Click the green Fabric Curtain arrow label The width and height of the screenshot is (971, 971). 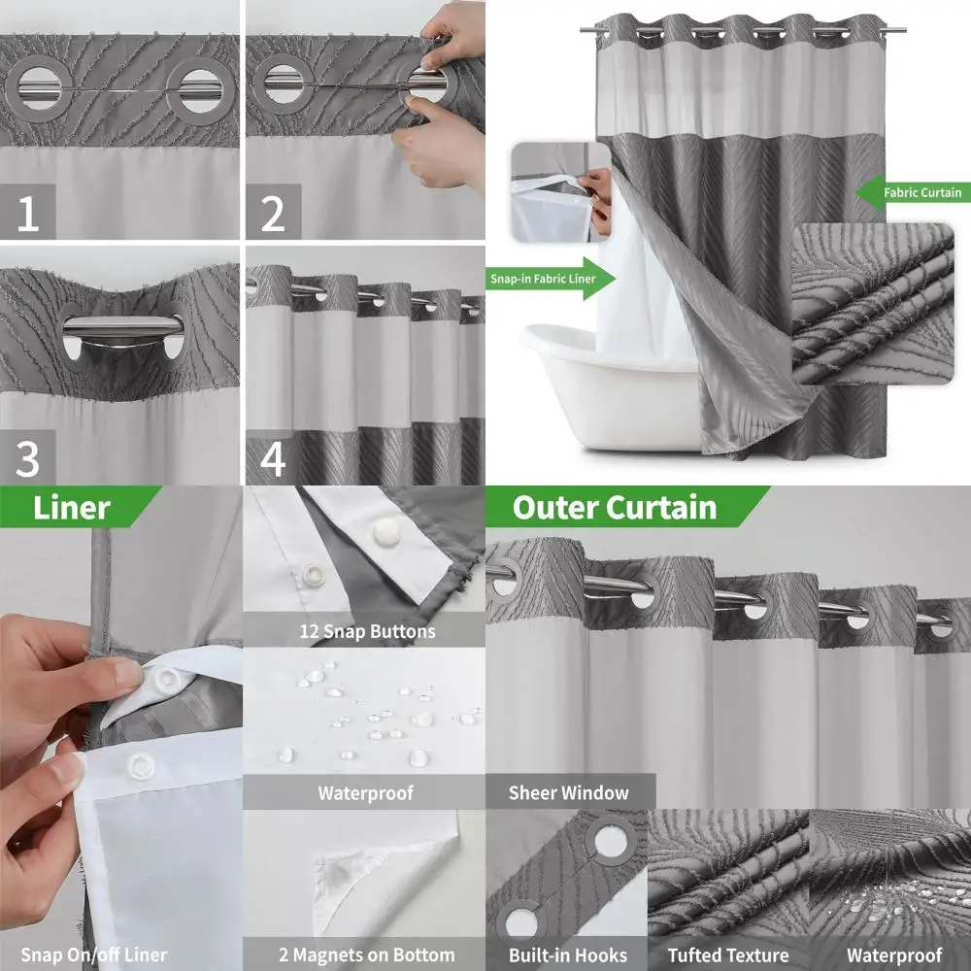[x=913, y=192]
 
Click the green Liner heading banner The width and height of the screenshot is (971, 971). [x=78, y=508]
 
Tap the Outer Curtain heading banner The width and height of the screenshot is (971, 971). [x=621, y=508]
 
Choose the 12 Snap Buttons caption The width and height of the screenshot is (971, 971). [x=364, y=631]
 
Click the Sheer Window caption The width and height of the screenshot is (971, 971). [x=569, y=792]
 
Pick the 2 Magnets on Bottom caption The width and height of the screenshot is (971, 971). [x=364, y=954]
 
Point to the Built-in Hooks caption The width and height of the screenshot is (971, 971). [x=568, y=954]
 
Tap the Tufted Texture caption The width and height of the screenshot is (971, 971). [x=728, y=954]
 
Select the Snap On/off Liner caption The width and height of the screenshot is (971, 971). [x=94, y=954]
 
